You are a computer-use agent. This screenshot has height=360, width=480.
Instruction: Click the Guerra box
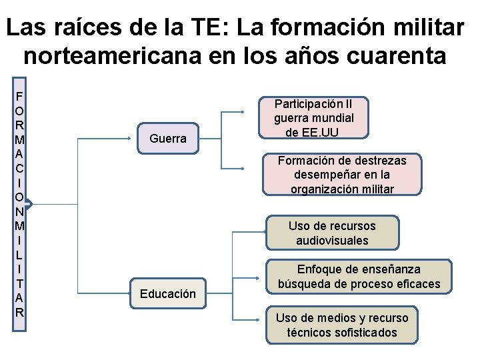pyautogui.click(x=168, y=139)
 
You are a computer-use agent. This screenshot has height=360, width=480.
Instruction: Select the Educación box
pyautogui.click(x=168, y=293)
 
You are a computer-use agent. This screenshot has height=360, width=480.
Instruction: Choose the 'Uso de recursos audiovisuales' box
pyautogui.click(x=332, y=233)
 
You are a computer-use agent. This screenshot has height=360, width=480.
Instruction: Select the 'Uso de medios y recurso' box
pyautogui.click(x=341, y=325)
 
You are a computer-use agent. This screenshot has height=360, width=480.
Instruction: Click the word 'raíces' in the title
pyautogui.click(x=99, y=27)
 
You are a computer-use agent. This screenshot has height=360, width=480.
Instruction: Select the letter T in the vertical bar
pyautogui.click(x=20, y=283)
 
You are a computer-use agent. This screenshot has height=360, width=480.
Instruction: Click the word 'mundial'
pyautogui.click(x=332, y=118)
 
